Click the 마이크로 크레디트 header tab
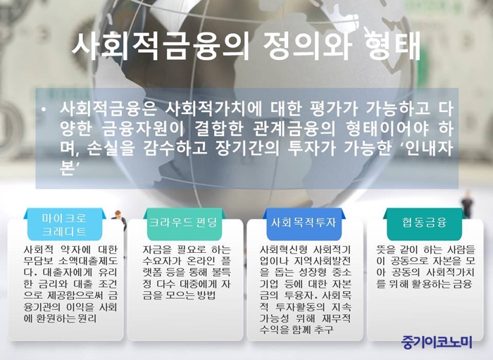click(64, 225)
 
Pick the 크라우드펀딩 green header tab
click(183, 224)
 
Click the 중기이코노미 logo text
click(437, 342)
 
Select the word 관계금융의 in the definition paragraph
click(294, 129)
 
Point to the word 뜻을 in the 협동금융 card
click(385, 250)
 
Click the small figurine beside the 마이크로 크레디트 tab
click(120, 219)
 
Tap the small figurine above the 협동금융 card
click(468, 204)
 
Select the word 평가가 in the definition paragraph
click(334, 109)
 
